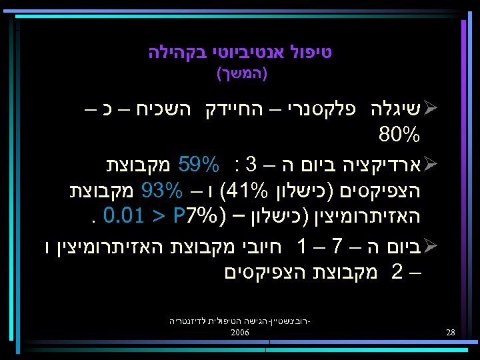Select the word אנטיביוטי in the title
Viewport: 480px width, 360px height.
pyautogui.click(x=249, y=52)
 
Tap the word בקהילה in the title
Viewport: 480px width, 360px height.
pyautogui.click(x=177, y=52)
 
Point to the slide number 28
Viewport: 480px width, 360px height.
pyautogui.click(x=451, y=332)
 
